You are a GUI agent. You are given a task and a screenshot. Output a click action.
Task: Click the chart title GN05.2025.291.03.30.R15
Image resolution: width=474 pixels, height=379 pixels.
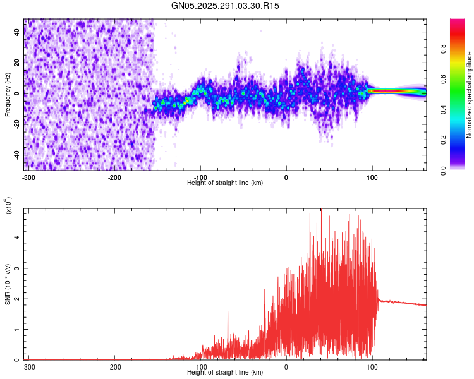(225, 6)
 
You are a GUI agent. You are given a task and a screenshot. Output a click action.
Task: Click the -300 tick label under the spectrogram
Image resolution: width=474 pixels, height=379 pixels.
(28, 177)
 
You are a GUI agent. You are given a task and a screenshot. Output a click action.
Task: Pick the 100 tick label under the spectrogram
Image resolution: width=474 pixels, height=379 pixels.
(372, 177)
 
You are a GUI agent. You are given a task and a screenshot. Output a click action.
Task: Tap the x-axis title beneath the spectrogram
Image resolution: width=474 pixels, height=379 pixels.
(225, 183)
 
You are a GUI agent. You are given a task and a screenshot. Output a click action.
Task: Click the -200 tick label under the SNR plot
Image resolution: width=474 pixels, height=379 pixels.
(114, 367)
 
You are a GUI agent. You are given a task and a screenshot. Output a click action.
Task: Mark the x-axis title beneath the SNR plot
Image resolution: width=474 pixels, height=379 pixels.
(225, 373)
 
